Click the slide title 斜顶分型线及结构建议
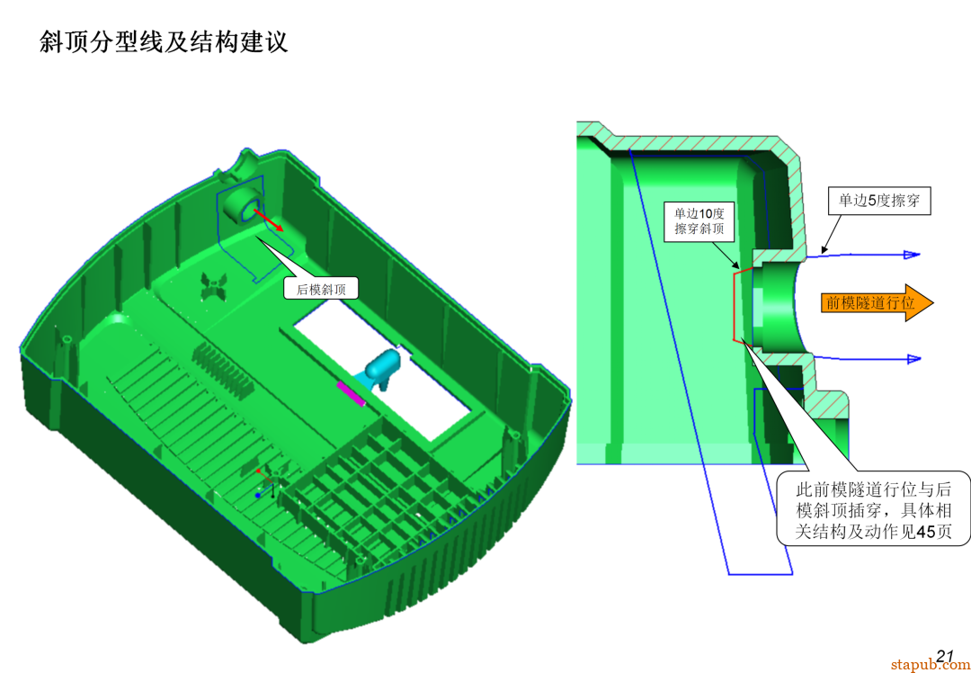click(164, 41)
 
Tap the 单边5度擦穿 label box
click(878, 202)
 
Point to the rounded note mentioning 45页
click(873, 510)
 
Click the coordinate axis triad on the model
click(266, 482)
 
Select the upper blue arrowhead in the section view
click(912, 255)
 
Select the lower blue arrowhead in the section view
click(912, 359)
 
